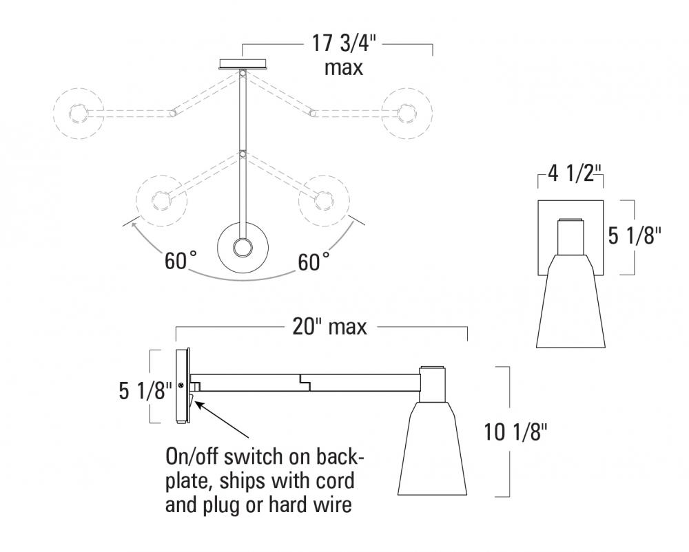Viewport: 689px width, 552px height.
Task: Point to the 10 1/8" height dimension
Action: [x=515, y=432]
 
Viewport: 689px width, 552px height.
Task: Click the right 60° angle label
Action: [x=313, y=262]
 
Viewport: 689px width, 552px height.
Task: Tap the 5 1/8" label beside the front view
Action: [x=635, y=236]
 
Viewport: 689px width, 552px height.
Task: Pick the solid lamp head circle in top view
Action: [x=242, y=248]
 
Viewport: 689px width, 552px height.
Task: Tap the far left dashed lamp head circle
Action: [x=78, y=114]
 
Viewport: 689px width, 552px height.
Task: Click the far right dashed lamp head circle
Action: [x=407, y=114]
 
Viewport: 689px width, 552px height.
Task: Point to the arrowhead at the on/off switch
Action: [x=198, y=401]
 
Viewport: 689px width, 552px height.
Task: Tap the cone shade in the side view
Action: [x=431, y=451]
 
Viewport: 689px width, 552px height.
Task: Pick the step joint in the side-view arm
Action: [x=305, y=380]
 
